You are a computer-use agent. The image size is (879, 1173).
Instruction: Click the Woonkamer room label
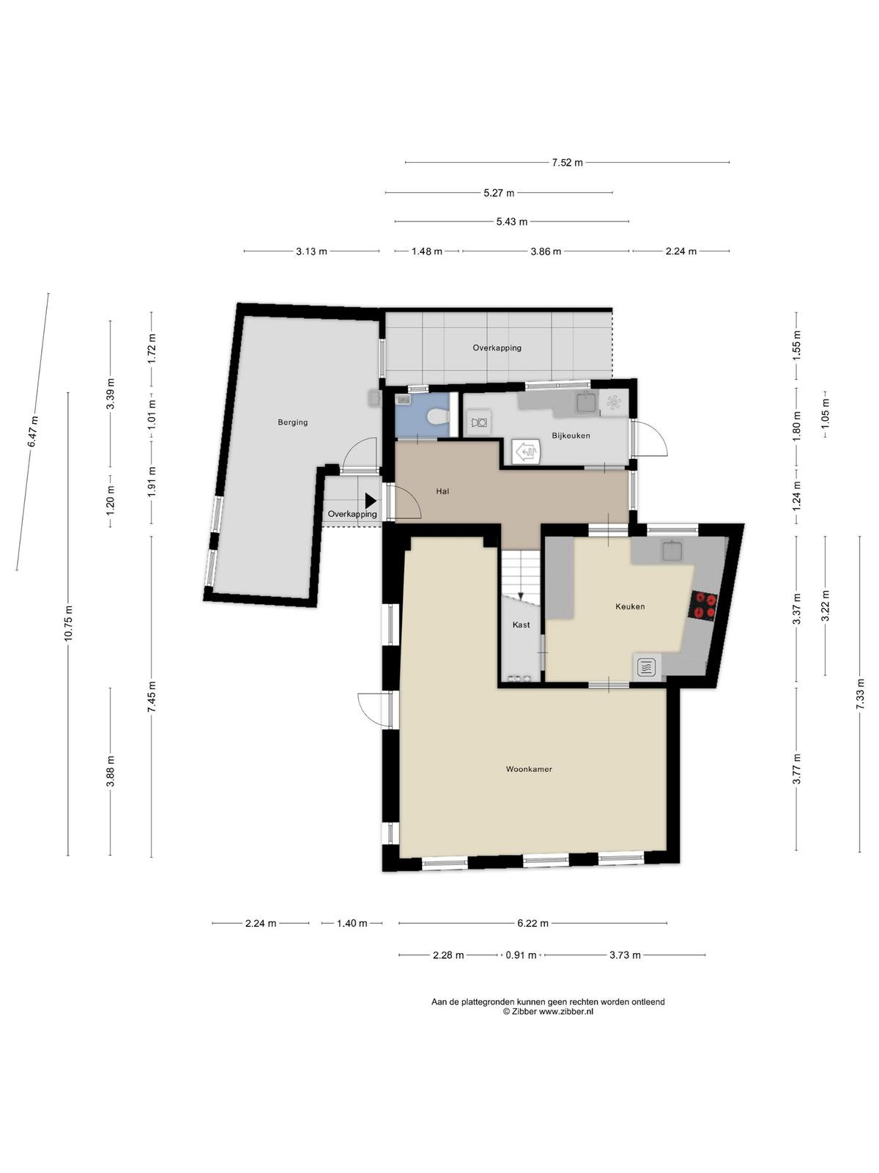pyautogui.click(x=528, y=769)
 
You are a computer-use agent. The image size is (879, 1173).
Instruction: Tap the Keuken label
pyautogui.click(x=630, y=606)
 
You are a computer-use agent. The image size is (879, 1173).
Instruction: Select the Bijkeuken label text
pyautogui.click(x=571, y=435)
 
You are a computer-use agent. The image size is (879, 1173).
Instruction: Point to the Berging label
pyautogui.click(x=292, y=422)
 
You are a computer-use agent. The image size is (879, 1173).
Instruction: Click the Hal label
pyautogui.click(x=442, y=490)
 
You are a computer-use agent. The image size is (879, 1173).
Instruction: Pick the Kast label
pyautogui.click(x=521, y=624)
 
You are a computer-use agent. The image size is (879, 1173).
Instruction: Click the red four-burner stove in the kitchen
pyautogui.click(x=705, y=605)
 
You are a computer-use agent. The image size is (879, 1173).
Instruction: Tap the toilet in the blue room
pyautogui.click(x=437, y=416)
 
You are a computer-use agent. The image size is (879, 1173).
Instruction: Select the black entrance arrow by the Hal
pyautogui.click(x=371, y=501)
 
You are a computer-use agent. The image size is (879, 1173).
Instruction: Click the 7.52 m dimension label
pyautogui.click(x=567, y=163)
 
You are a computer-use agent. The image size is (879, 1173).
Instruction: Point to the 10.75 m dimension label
pyautogui.click(x=68, y=624)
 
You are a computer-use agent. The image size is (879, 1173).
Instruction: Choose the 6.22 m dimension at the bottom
pyautogui.click(x=533, y=923)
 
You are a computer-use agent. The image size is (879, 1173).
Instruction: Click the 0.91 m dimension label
pyautogui.click(x=521, y=955)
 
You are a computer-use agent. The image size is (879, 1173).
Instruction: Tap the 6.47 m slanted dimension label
pyautogui.click(x=33, y=432)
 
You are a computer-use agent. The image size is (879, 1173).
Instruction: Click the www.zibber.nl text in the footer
pyautogui.click(x=565, y=1011)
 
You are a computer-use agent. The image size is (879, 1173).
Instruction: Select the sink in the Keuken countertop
pyautogui.click(x=672, y=551)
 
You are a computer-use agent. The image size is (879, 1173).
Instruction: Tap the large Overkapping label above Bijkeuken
pyautogui.click(x=497, y=348)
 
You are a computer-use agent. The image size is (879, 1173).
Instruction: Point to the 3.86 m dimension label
pyautogui.click(x=546, y=251)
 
